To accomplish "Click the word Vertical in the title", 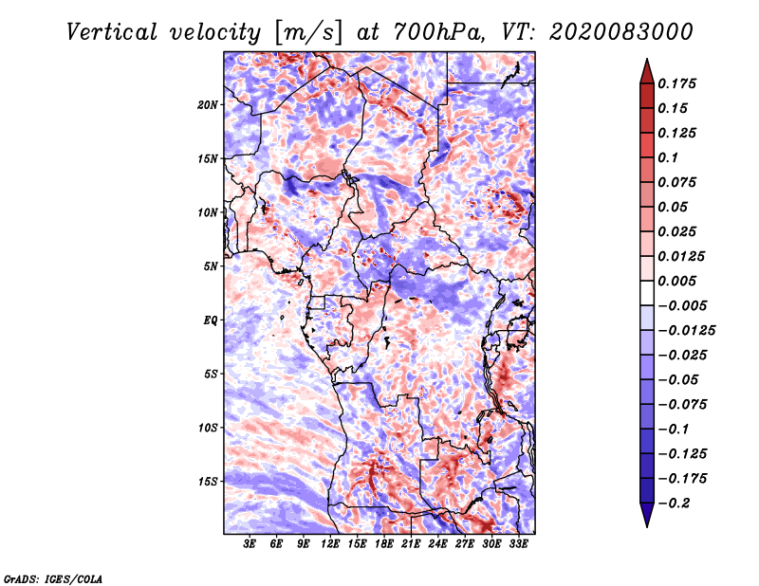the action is (111, 32).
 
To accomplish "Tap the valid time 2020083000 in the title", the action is (621, 32).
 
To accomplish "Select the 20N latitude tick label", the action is (208, 105).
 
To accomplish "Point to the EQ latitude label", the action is (211, 320).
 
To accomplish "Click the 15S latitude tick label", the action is (208, 482).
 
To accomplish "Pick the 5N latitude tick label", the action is (211, 266).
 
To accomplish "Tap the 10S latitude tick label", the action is (208, 428).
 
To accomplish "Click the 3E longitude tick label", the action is (250, 544).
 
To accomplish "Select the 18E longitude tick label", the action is (384, 544).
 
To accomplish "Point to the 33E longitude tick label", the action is (518, 544).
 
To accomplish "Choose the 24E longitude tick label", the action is (437, 544).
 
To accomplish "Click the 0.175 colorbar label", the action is (676, 83).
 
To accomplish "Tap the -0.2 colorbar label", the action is (674, 504).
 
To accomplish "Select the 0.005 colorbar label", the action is (676, 281).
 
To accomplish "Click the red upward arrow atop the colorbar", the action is (647, 73).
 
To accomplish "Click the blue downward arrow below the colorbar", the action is (647, 514).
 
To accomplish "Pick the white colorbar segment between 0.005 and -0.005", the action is (647, 293).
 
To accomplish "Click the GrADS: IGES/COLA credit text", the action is (53, 579).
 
